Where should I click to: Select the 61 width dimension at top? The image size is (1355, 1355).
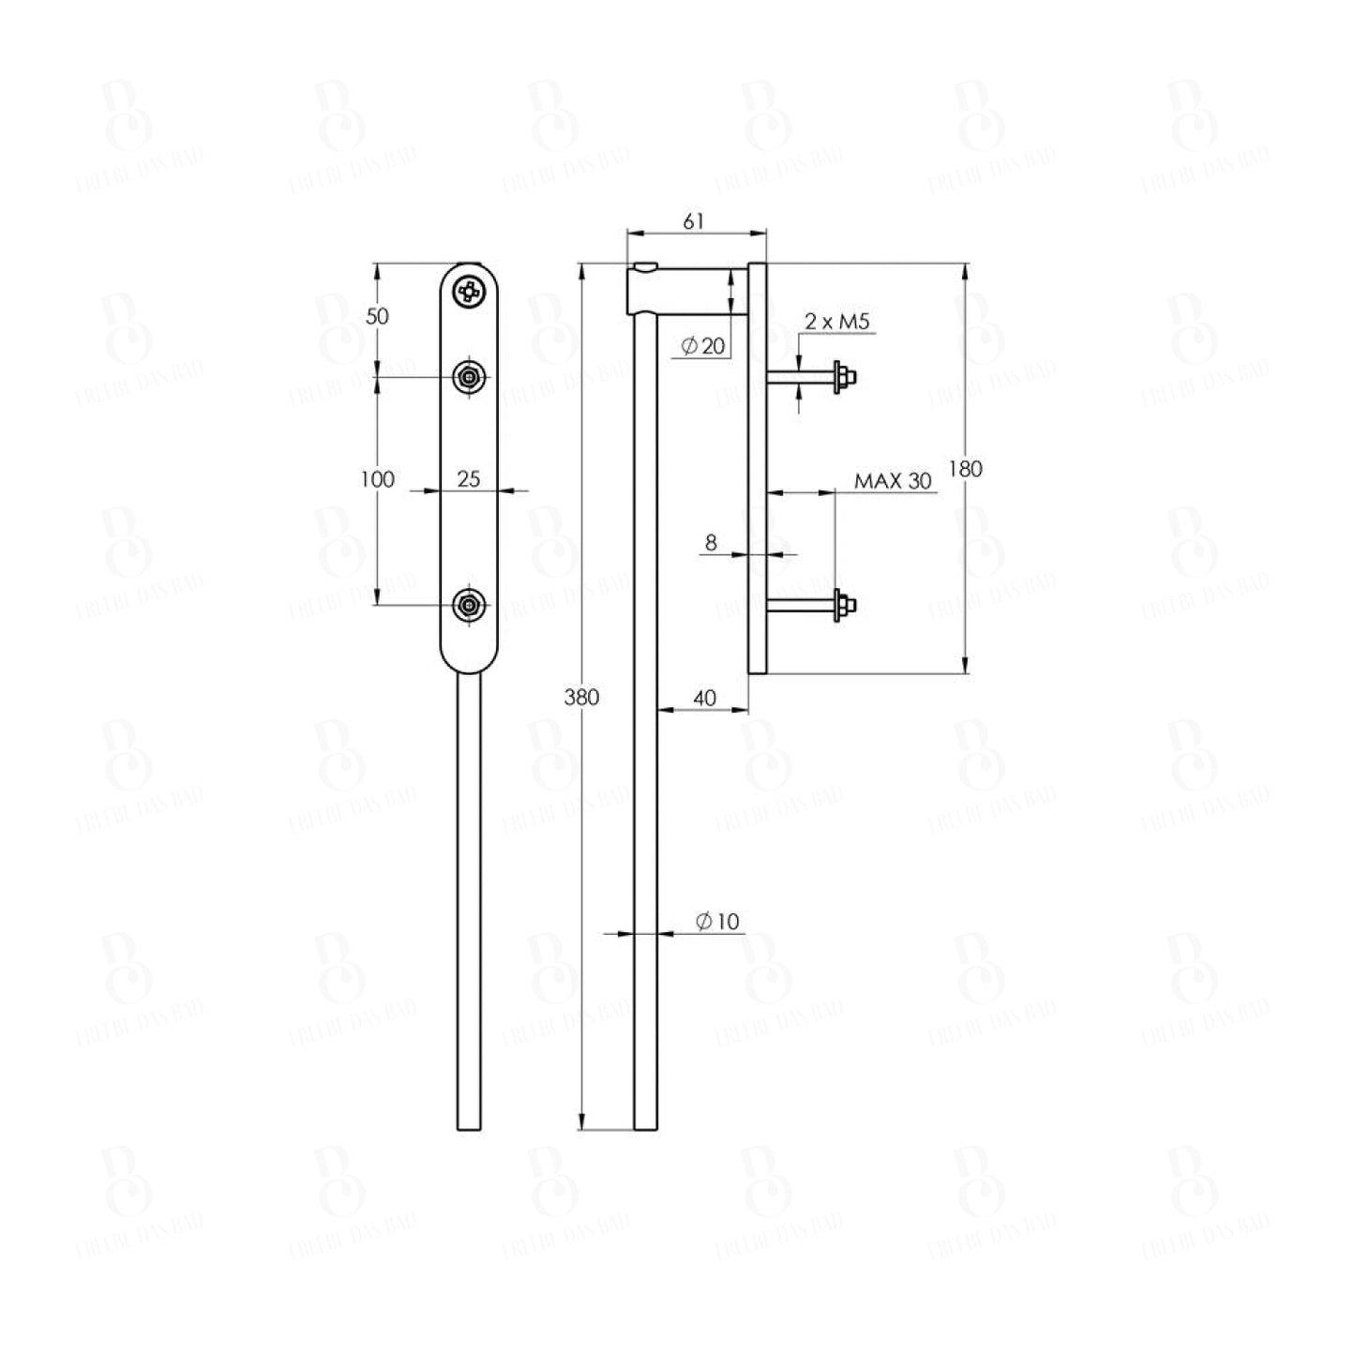[x=693, y=222]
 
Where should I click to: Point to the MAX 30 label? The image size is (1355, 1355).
[x=893, y=481]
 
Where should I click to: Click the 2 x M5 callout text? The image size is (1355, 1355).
[x=837, y=323]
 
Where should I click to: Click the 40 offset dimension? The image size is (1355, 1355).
[x=704, y=698]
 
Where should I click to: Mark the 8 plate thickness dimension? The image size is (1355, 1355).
[x=711, y=542]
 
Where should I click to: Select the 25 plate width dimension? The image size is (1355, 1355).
[x=468, y=479]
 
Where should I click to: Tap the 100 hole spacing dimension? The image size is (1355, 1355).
[x=377, y=479]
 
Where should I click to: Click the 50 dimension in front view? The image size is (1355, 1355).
[x=377, y=316]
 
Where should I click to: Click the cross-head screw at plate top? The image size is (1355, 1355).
[x=470, y=293]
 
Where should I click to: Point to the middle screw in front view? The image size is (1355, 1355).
[x=470, y=378]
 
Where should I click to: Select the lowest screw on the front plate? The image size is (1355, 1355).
[x=470, y=605]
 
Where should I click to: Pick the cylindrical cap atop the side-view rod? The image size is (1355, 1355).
[x=645, y=289]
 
